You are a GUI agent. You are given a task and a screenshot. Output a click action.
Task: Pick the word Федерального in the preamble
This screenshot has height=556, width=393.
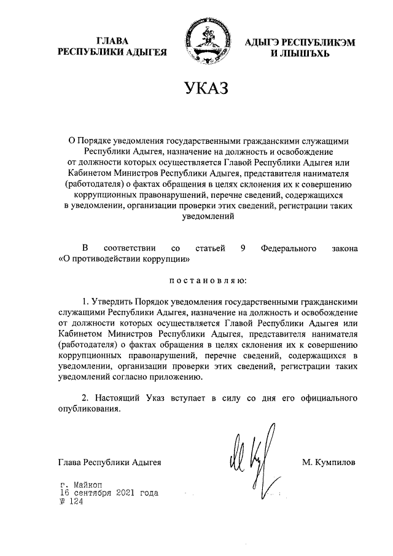pos(289,248)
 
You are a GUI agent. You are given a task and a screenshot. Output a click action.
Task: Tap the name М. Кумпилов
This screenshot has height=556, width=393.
pos(329,461)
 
